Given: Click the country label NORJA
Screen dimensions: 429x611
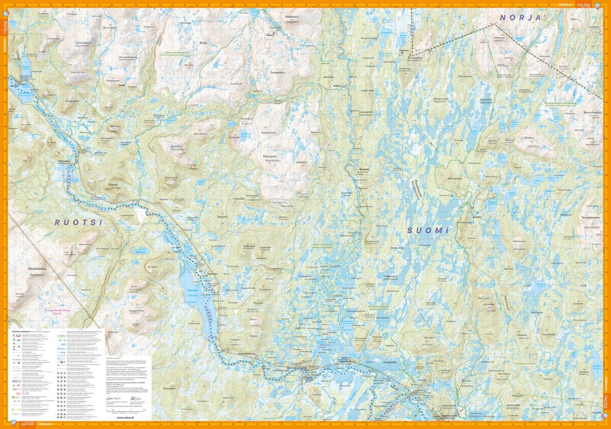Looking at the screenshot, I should click(520, 17).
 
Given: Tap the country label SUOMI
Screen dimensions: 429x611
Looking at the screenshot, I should click(428, 231).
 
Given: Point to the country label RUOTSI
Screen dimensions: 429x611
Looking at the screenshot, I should click(79, 223).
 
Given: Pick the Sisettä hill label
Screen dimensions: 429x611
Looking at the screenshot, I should click(113, 185).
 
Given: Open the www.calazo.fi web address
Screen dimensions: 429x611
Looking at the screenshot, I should click(125, 417).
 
